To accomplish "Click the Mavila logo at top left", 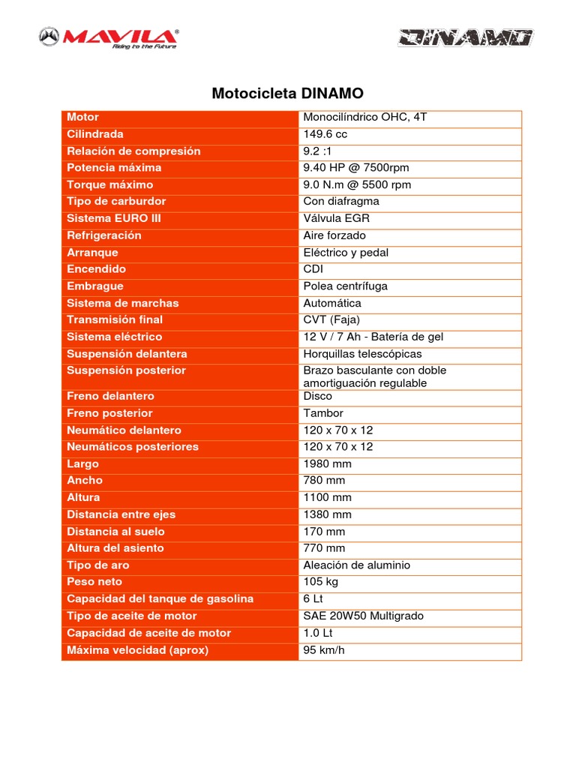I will click(x=109, y=37).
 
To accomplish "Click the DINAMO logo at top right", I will click(x=465, y=38).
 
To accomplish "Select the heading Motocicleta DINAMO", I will click(x=288, y=94).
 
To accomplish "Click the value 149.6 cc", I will click(x=325, y=134).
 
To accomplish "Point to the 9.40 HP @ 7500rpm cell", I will click(x=356, y=168).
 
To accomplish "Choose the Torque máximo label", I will click(x=109, y=184).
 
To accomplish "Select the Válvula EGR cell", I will click(x=336, y=218).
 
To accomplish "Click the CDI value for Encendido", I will click(x=313, y=269).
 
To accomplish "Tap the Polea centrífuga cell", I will click(x=345, y=286).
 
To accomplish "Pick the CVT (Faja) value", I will click(x=331, y=320).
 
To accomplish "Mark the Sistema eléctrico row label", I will click(x=114, y=337).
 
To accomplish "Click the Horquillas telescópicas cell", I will click(x=362, y=354).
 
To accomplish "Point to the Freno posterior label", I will click(x=109, y=413).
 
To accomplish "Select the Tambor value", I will click(x=323, y=413).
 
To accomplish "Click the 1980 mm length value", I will click(x=327, y=464).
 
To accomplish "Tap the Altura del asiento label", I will click(x=115, y=548).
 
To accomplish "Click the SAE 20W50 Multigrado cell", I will click(x=363, y=616).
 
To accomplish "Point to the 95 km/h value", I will click(x=324, y=650).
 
